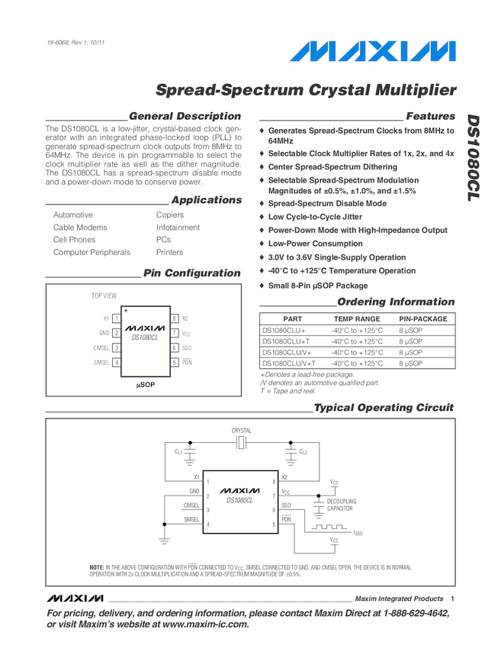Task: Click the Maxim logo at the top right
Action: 372,52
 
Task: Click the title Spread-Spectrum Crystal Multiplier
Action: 306,90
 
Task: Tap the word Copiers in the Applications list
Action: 169,215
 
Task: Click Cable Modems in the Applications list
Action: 80,228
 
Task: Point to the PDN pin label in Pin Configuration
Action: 187,362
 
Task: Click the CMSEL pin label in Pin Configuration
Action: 101,347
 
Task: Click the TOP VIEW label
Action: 104,295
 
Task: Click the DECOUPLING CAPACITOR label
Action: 341,505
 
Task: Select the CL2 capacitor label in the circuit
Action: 303,452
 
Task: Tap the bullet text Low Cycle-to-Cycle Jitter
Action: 315,217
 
